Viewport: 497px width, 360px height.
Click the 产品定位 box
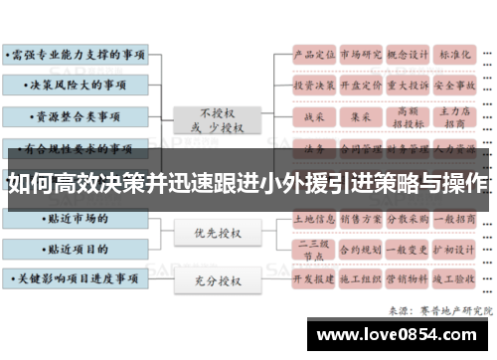313,55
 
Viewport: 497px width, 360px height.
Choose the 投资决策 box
313,86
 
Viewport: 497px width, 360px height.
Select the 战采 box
313,117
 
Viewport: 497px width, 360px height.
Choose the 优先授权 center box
219,234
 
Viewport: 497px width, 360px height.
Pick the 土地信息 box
313,217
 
